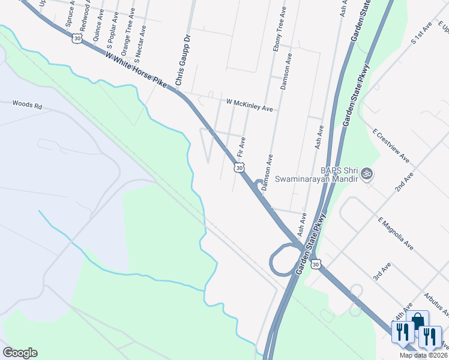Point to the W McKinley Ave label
249,105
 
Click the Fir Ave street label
241,147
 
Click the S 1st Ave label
421,34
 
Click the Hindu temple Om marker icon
367,175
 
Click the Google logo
20,353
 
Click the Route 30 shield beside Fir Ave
240,169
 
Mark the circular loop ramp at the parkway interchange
281,261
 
